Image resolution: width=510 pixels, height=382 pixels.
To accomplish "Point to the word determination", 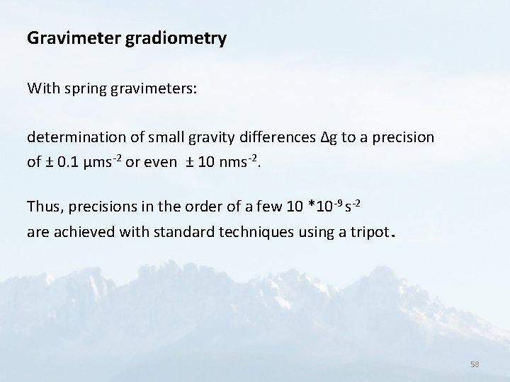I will tap(72, 138).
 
